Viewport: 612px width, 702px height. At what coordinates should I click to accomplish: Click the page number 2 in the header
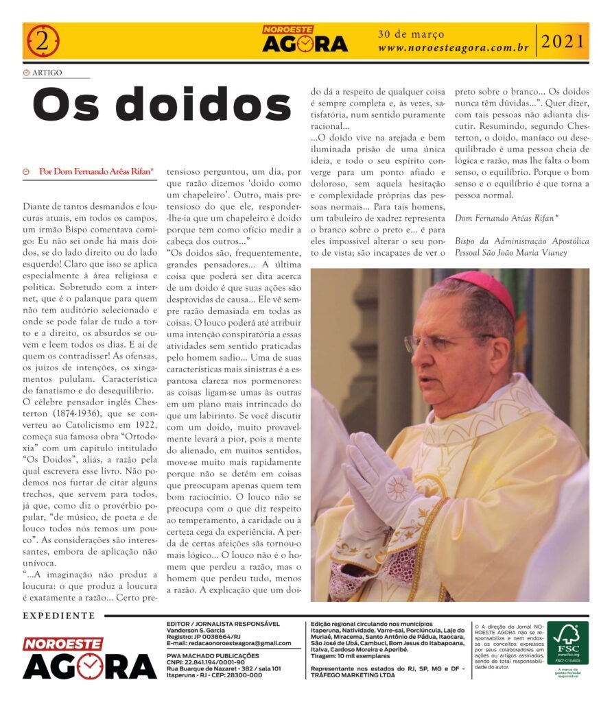click(x=43, y=41)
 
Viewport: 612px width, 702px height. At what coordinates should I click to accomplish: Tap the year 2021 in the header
click(x=563, y=42)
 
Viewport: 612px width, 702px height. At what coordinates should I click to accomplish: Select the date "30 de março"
click(x=411, y=34)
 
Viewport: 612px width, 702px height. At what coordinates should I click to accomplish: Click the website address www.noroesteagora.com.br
click(x=453, y=49)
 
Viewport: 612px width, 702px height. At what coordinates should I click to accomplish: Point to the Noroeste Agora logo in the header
click(x=305, y=40)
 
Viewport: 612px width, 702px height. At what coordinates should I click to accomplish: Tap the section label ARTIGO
click(x=47, y=72)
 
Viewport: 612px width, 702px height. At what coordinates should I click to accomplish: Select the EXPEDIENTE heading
click(x=59, y=616)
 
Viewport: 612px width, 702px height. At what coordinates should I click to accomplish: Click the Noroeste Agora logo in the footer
click(x=89, y=658)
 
